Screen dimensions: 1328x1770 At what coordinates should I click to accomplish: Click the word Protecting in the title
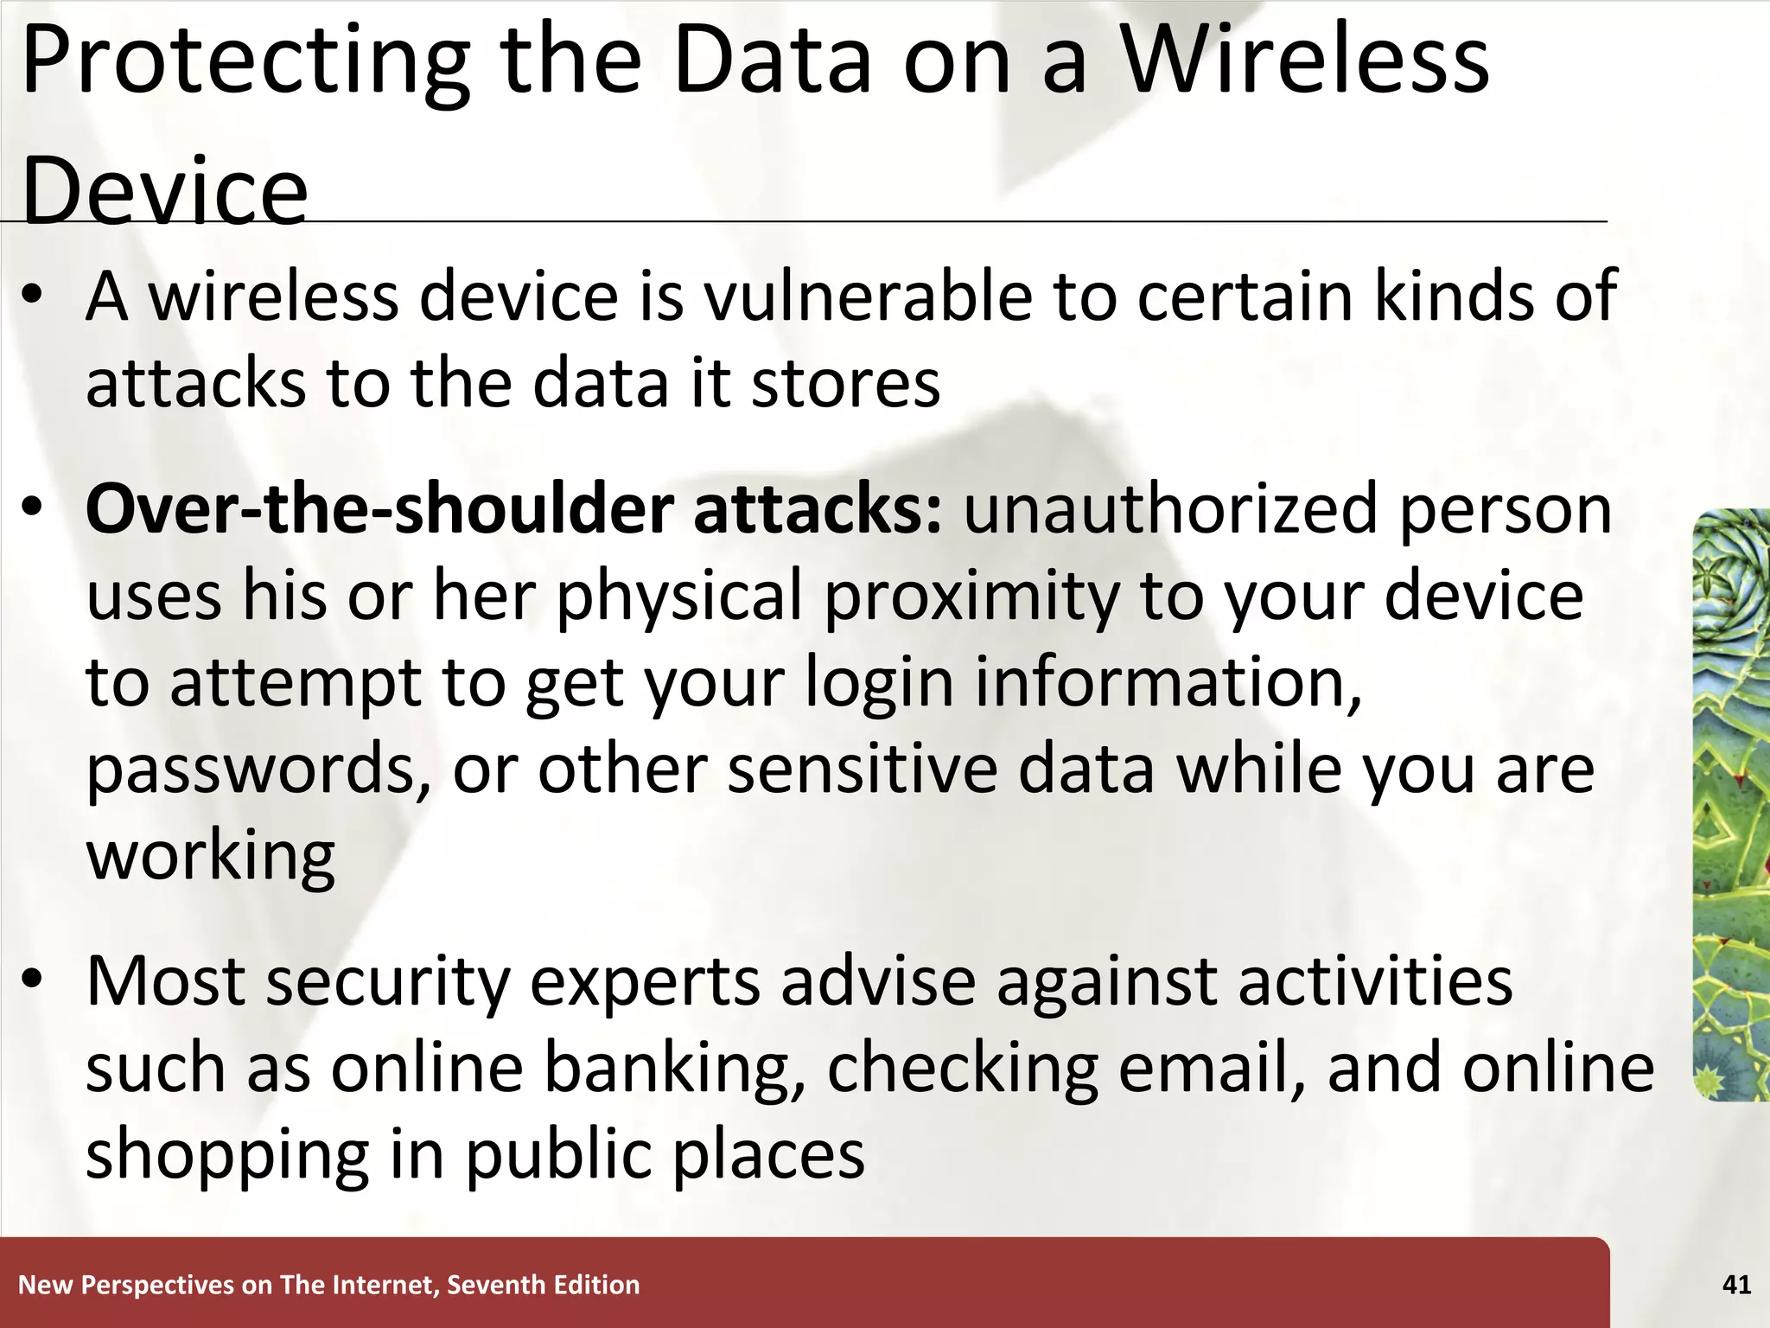click(x=245, y=62)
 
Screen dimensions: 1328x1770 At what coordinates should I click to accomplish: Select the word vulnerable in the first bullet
click(x=868, y=297)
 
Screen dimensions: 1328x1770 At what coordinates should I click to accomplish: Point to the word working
click(x=210, y=856)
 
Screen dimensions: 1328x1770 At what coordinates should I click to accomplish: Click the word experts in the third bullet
click(x=645, y=981)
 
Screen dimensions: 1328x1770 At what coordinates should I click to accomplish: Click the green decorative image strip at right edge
click(x=1731, y=804)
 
